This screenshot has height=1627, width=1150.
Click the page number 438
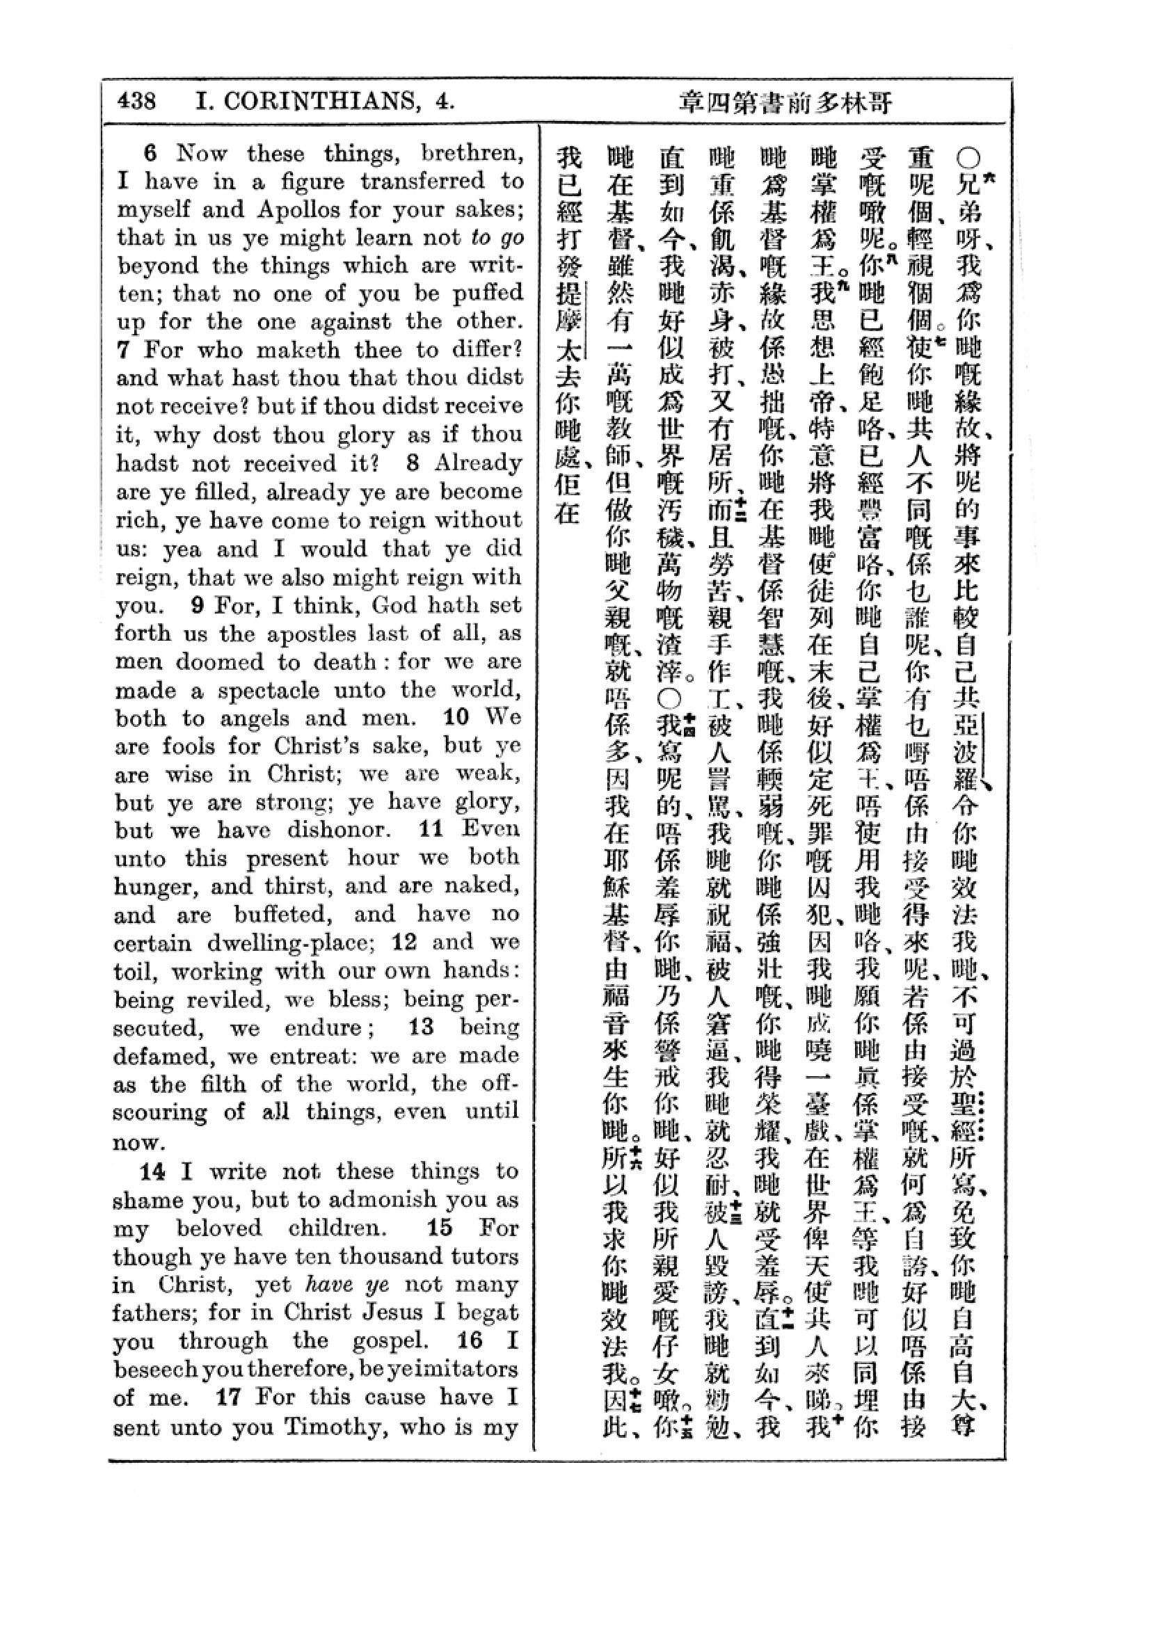pyautogui.click(x=137, y=102)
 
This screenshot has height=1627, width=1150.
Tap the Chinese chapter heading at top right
pyautogui.click(x=785, y=103)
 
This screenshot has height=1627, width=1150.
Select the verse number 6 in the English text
pyautogui.click(x=150, y=153)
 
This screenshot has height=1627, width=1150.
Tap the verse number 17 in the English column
pyautogui.click(x=229, y=1397)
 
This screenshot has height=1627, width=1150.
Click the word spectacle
pyautogui.click(x=269, y=689)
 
